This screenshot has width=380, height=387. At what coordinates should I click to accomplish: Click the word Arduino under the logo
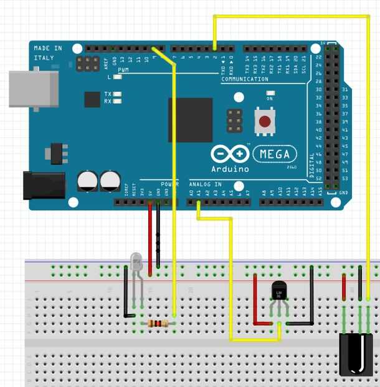coord(230,169)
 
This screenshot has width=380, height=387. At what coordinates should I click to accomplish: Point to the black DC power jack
coord(44,185)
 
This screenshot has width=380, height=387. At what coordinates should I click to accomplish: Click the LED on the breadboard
coord(138,264)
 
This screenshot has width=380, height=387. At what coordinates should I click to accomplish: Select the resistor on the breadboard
coord(158,323)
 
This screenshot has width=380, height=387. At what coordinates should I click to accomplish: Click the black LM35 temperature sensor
coord(280,291)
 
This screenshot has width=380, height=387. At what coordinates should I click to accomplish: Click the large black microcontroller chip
coord(190,120)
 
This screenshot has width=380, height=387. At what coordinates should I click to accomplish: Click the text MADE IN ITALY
coord(48,53)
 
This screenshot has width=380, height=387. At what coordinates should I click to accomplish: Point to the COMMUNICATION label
coord(244,79)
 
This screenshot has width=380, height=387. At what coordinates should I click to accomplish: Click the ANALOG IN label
coord(205,184)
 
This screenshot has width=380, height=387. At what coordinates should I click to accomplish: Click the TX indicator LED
coord(117,94)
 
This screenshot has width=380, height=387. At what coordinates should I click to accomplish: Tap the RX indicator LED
coord(117,100)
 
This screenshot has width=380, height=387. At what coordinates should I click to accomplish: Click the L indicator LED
coord(117,77)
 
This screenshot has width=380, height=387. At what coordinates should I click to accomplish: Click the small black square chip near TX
coord(92,99)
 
